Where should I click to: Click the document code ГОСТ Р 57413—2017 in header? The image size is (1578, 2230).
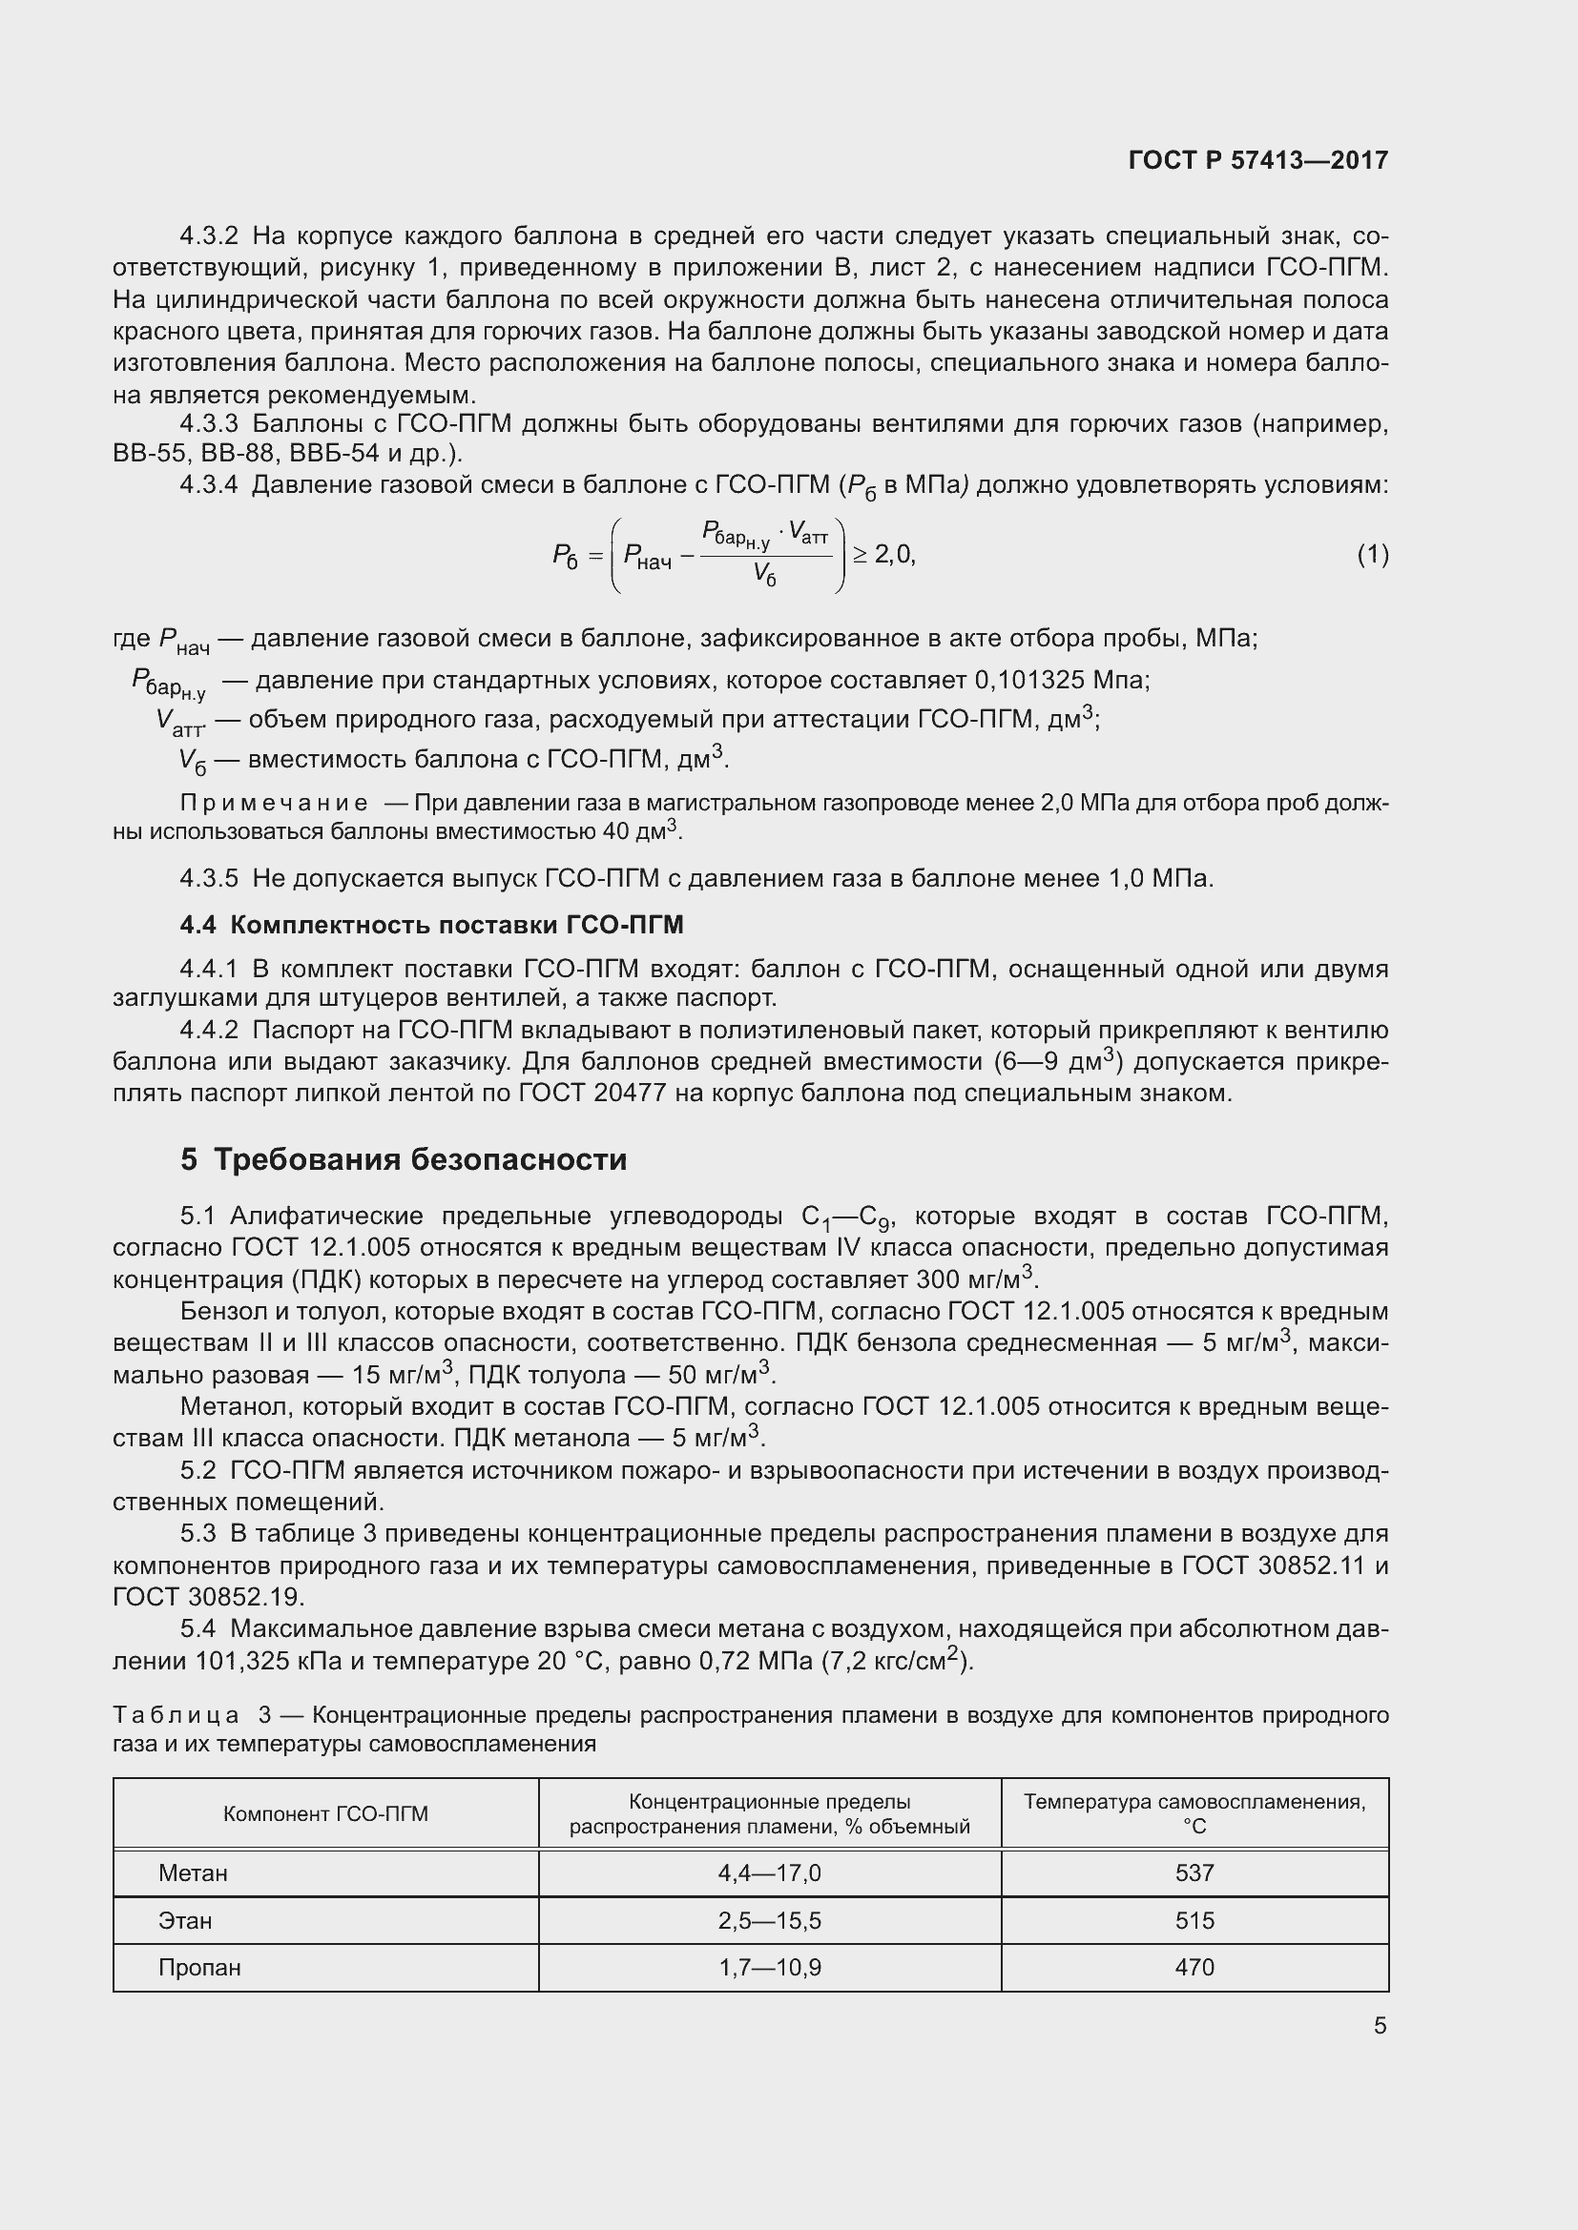click(1258, 160)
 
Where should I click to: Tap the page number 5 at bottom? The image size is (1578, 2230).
click(1380, 2025)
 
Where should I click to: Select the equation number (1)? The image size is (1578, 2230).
click(1372, 555)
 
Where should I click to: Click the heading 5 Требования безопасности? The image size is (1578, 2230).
click(404, 1159)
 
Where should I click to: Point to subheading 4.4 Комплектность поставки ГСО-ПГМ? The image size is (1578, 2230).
click(431, 925)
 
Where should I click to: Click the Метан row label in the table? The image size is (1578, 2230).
click(193, 1872)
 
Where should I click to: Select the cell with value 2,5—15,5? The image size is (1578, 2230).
click(770, 1920)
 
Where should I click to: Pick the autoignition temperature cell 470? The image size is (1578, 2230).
click(1194, 1967)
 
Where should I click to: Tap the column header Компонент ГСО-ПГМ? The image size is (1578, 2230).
click(325, 1814)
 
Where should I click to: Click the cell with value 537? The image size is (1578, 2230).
click(1194, 1872)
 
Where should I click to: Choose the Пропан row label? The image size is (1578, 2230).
click(199, 1968)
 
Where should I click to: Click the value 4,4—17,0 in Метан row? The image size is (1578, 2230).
click(770, 1872)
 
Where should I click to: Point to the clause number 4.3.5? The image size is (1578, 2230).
click(209, 879)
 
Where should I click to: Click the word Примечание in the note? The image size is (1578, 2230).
click(274, 803)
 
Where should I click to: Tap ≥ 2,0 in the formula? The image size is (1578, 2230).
click(883, 555)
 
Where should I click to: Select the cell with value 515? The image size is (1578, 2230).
click(1194, 1920)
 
